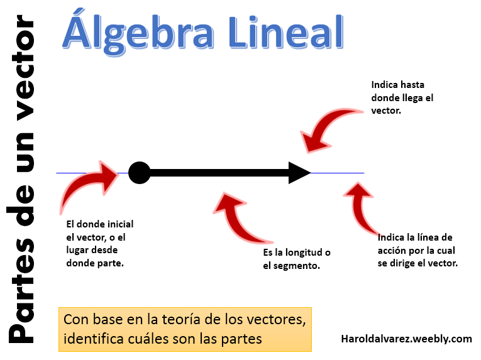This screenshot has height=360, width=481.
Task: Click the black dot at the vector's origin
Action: pyautogui.click(x=139, y=173)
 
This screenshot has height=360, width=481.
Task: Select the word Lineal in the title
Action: pyautogui.click(x=285, y=33)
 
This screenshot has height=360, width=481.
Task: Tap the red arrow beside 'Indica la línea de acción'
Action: pyautogui.click(x=360, y=206)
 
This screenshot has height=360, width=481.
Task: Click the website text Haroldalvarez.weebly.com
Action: pyautogui.click(x=406, y=339)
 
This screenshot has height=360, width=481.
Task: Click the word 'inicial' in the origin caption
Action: pyautogui.click(x=120, y=224)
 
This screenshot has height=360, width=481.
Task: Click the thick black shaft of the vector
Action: pyautogui.click(x=219, y=173)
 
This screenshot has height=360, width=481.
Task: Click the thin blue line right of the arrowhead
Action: pyautogui.click(x=338, y=173)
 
